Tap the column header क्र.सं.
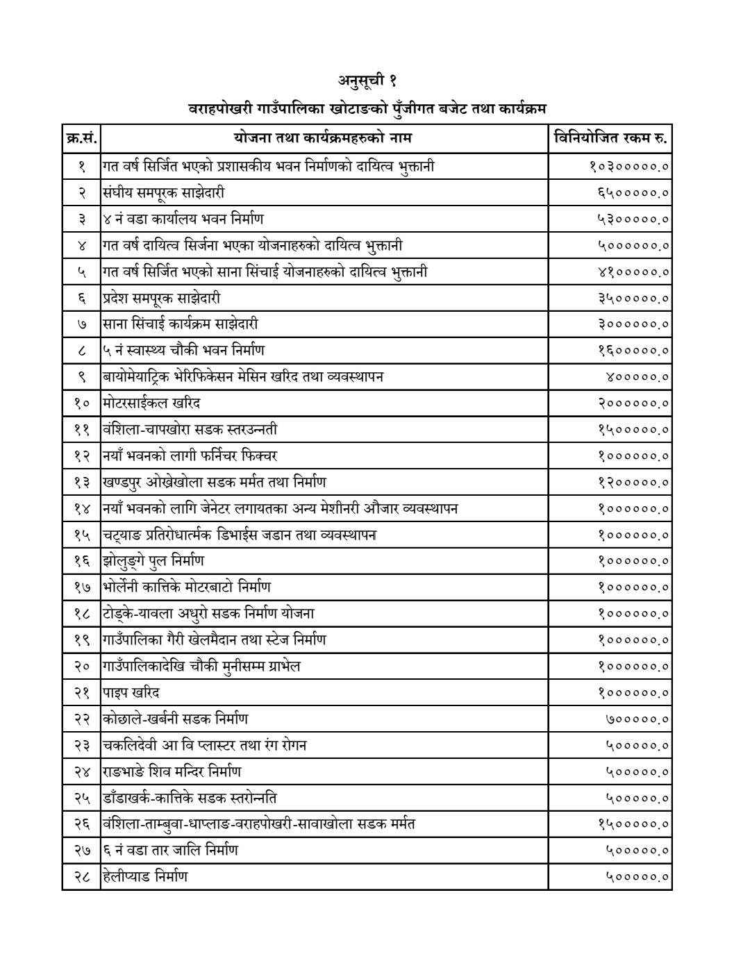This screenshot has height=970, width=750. [81, 138]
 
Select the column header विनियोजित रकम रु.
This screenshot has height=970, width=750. [610, 138]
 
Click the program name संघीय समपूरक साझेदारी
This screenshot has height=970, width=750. [164, 192]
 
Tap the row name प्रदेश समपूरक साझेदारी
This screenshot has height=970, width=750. [162, 298]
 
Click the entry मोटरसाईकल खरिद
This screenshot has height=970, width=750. [152, 403]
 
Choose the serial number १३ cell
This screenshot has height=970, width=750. [81, 483]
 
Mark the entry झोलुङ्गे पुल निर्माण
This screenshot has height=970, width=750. [153, 561]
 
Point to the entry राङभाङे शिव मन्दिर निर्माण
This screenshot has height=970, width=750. [172, 771]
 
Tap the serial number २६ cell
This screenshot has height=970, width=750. [81, 824]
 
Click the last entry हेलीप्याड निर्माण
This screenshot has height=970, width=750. [145, 877]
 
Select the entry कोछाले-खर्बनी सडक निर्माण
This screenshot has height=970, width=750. [175, 719]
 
